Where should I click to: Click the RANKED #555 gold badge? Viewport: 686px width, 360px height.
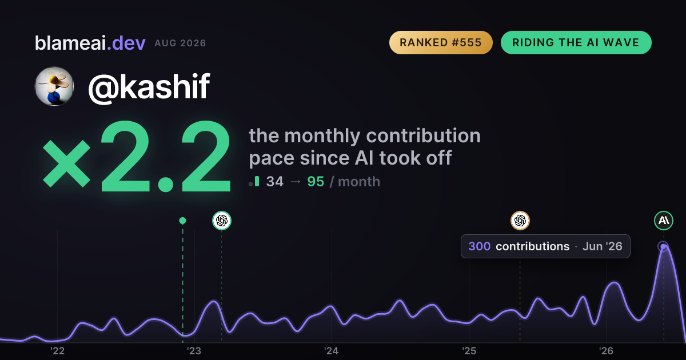coord(441,42)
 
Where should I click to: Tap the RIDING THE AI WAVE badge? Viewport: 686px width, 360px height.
coord(576,42)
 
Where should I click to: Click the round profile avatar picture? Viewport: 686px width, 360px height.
coord(54,86)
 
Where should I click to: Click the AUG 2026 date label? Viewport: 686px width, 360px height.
coord(180,43)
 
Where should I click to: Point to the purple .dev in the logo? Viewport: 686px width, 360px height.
coord(126,43)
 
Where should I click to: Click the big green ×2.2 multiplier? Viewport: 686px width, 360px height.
coord(137,156)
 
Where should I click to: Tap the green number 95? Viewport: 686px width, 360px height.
coord(316,182)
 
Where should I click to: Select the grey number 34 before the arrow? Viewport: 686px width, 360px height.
coord(275,182)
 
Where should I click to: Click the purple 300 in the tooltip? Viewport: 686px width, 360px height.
coord(479,246)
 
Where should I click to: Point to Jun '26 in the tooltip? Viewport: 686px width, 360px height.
coord(602,246)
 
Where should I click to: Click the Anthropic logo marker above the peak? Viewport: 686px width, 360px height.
coord(664,221)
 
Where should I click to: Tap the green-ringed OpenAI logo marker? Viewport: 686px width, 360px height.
coord(222,221)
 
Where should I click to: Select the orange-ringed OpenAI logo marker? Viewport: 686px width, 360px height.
coord(520,221)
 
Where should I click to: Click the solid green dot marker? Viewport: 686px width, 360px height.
coord(182,221)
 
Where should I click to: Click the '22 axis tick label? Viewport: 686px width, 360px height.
coord(57,351)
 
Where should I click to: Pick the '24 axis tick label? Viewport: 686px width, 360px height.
coord(332,351)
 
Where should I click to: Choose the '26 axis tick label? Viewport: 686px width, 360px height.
coord(606,351)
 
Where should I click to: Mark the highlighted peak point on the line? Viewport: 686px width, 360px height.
coord(663,246)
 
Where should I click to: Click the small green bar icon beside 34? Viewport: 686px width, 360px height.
coord(257,181)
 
